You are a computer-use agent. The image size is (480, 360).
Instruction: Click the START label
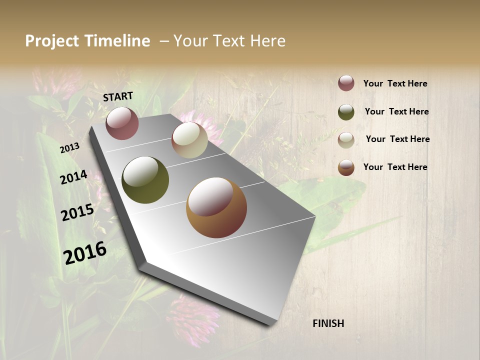click(118, 96)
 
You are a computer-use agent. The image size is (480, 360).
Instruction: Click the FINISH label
click(328, 323)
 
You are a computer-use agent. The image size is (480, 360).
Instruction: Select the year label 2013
click(70, 148)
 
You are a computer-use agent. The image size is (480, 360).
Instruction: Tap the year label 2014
click(73, 177)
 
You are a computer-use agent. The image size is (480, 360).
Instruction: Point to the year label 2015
click(77, 212)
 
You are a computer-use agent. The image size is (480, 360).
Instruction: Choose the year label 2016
click(85, 253)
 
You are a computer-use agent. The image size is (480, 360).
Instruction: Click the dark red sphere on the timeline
click(122, 123)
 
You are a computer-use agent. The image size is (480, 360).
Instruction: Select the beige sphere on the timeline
click(189, 140)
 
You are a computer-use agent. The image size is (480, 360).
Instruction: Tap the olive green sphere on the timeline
click(145, 180)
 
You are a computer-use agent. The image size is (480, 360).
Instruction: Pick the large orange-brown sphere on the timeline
click(216, 207)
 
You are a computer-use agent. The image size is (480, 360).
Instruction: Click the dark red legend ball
click(346, 83)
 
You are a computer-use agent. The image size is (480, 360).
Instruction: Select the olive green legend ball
click(346, 112)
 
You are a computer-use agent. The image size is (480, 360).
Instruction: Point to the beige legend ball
click(346, 140)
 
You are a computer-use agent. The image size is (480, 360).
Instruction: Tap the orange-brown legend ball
click(346, 167)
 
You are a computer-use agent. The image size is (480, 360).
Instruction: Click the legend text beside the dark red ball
click(395, 83)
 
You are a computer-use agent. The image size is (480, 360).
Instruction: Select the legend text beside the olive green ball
click(396, 111)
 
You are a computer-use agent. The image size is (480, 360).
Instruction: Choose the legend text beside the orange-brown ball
click(395, 167)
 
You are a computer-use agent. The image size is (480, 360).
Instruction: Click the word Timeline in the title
click(115, 41)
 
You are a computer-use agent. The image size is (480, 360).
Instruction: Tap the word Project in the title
click(51, 41)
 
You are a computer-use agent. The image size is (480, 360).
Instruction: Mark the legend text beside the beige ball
click(397, 139)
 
